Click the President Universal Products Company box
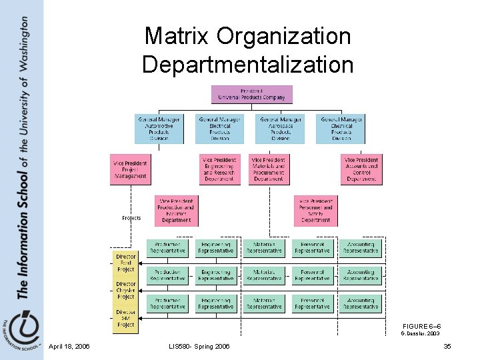click(x=251, y=94)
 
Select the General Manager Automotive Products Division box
click(x=159, y=129)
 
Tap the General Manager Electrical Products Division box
click(x=219, y=129)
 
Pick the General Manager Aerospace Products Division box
click(x=280, y=129)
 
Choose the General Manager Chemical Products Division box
click(x=341, y=129)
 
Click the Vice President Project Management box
click(x=129, y=169)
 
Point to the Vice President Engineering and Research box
click(x=220, y=169)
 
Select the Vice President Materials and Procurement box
click(x=268, y=169)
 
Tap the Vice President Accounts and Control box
click(x=361, y=169)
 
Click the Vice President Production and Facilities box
click(x=175, y=210)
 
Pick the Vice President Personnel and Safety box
click(x=315, y=210)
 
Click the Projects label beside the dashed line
click(x=131, y=218)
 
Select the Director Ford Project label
click(x=125, y=263)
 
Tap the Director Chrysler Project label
click(x=125, y=290)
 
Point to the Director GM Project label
click(x=125, y=318)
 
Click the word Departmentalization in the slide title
click(x=247, y=64)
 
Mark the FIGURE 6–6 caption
click(x=421, y=325)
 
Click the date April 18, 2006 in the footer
click(x=69, y=345)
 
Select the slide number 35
click(x=447, y=345)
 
